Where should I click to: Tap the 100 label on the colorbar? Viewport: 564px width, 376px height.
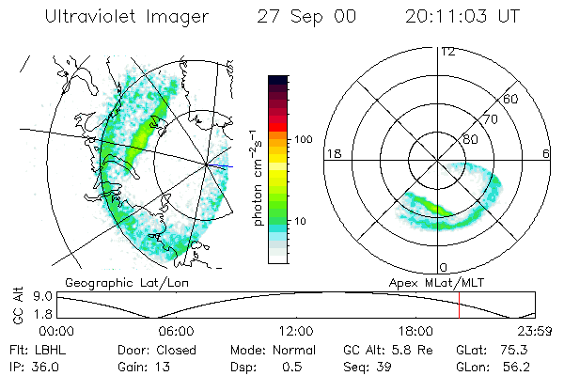304,139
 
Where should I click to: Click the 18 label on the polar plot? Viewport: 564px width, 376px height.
331,153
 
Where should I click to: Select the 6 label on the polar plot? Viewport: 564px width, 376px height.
546,153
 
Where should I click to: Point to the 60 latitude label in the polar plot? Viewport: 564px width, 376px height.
510,99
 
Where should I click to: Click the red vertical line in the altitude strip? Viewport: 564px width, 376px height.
459,305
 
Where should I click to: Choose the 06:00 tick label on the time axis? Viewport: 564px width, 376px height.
176,331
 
